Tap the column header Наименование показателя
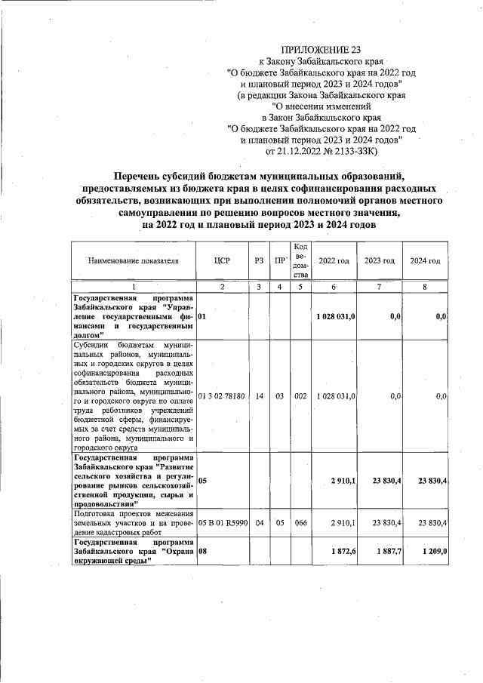pyautogui.click(x=133, y=261)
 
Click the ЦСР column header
pyautogui.click(x=222, y=261)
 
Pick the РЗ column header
pyautogui.click(x=259, y=261)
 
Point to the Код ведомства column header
pyautogui.click(x=300, y=261)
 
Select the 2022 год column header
pyautogui.click(x=334, y=261)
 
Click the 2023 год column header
pyautogui.click(x=379, y=261)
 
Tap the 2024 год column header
pyautogui.click(x=425, y=261)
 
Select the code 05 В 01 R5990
pyautogui.click(x=222, y=521)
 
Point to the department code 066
pyautogui.click(x=300, y=521)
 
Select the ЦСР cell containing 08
pyautogui.click(x=203, y=552)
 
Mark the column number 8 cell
pyautogui.click(x=425, y=287)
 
